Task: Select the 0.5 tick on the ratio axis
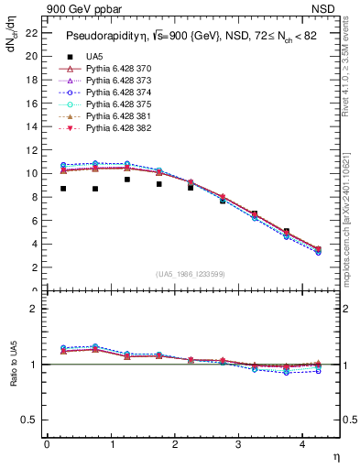pos(31,420)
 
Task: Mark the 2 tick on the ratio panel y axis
pos(35,309)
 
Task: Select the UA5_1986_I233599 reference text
pos(193,274)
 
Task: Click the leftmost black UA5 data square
pos(63,189)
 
